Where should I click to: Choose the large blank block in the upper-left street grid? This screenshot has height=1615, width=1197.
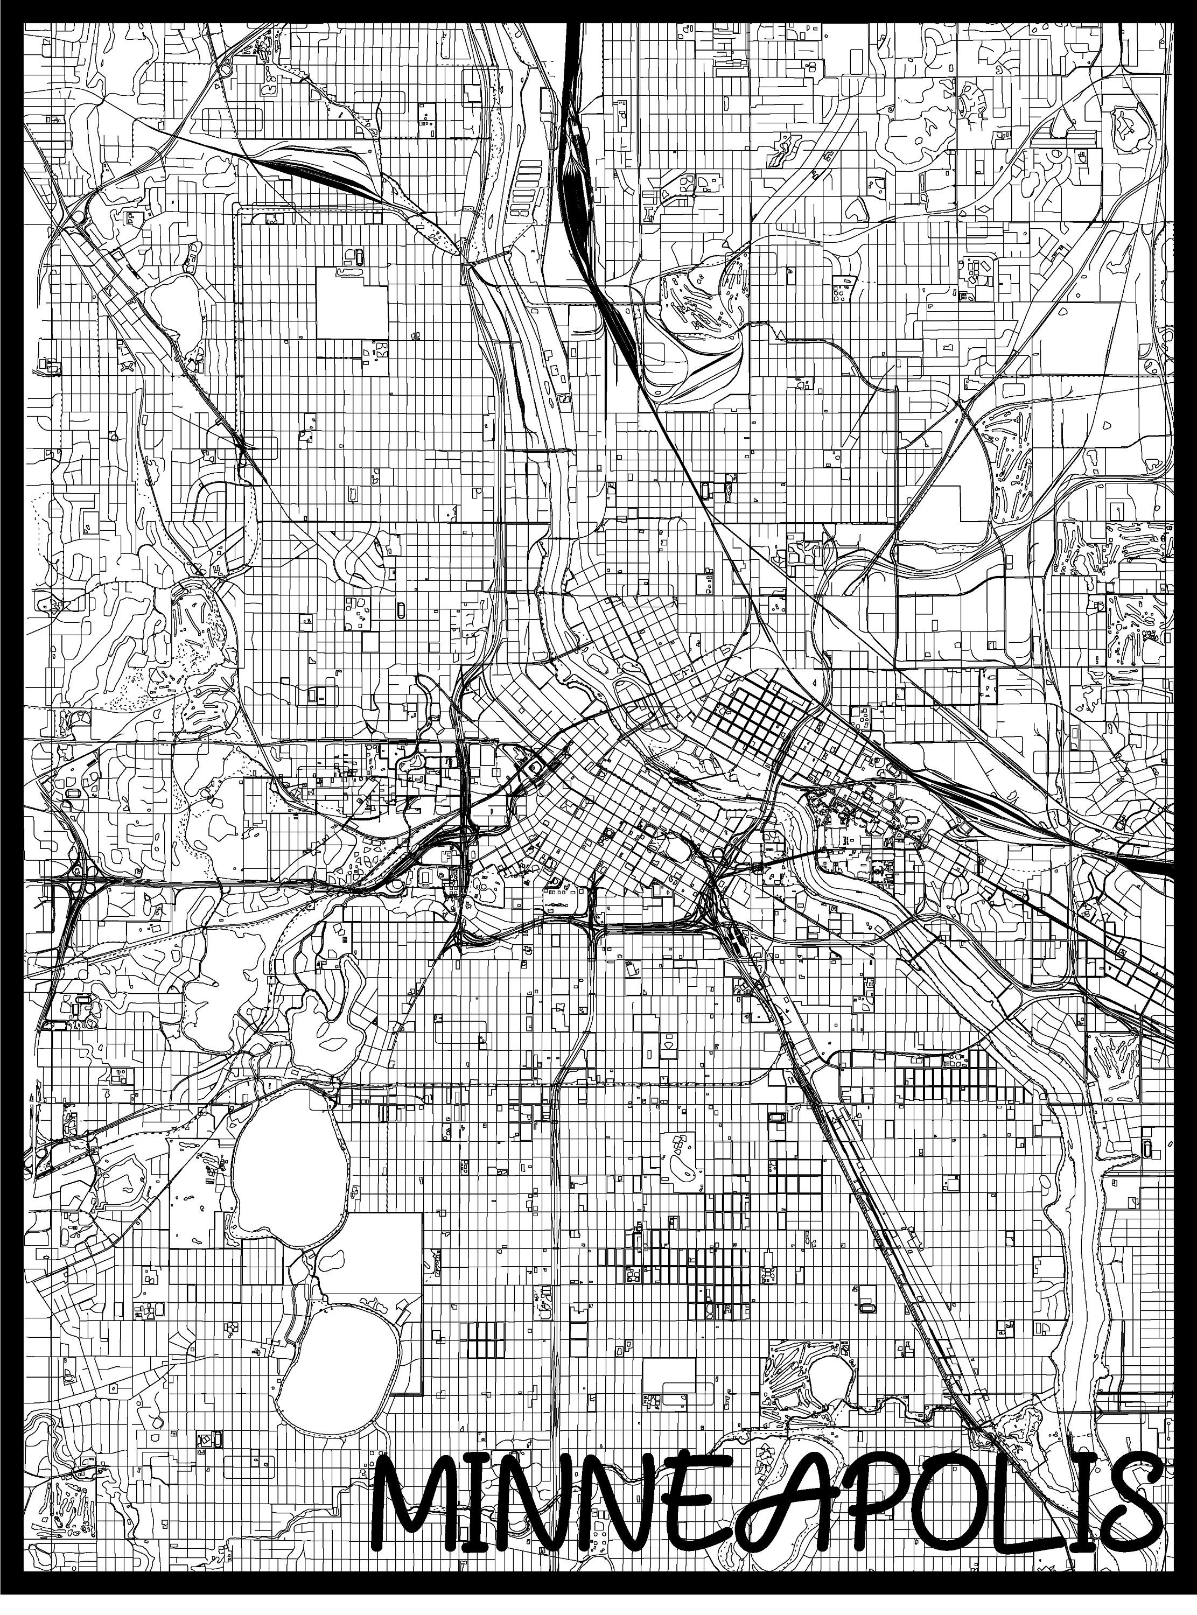(x=352, y=304)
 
